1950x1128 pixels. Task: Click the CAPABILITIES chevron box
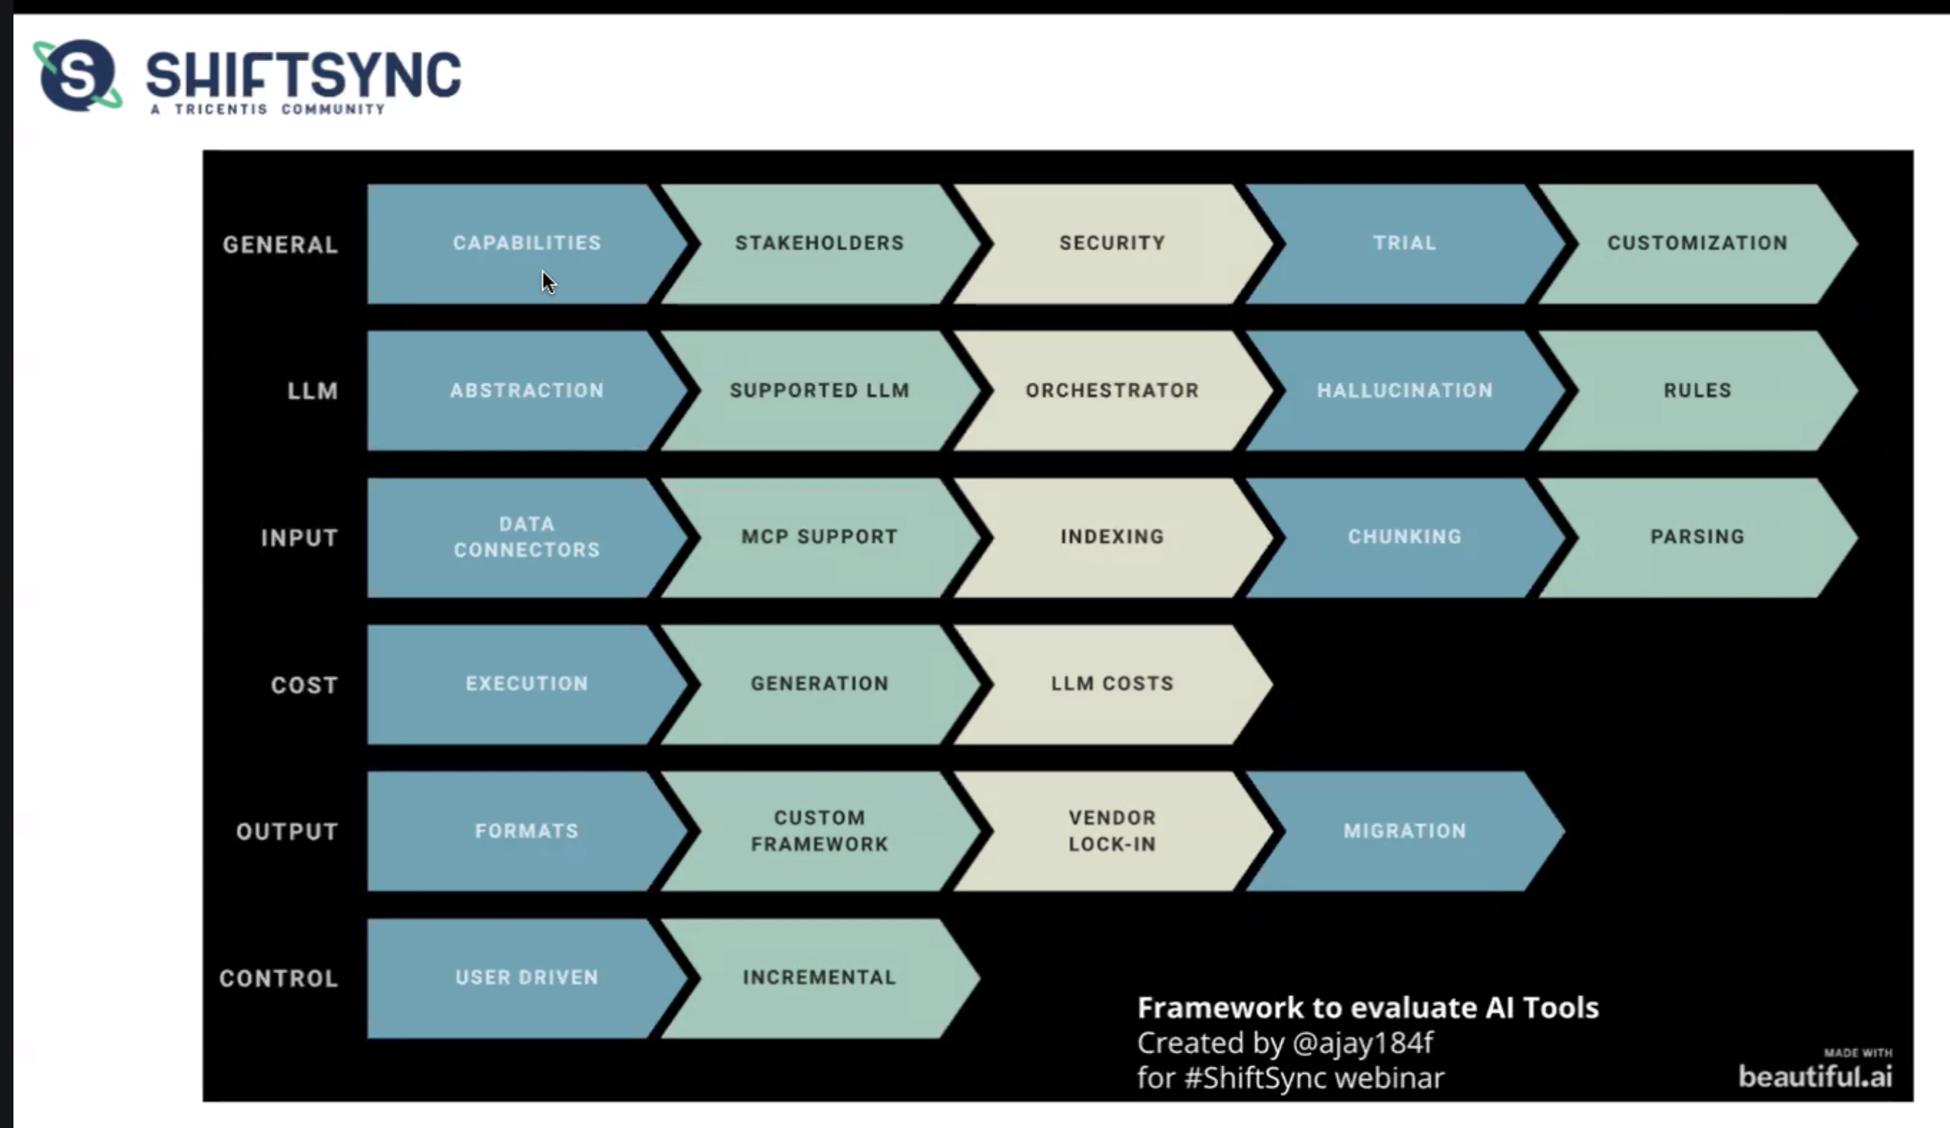[526, 243]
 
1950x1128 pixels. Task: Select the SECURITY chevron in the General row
[1112, 243]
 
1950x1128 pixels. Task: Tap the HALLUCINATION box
[1405, 390]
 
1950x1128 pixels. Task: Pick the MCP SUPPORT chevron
[820, 537]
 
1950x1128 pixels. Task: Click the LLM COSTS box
[1112, 684]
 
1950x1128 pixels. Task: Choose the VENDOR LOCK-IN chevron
[1112, 831]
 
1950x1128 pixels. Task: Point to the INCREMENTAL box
[820, 978]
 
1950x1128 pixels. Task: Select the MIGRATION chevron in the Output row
[1405, 831]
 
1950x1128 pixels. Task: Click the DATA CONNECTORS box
[526, 537]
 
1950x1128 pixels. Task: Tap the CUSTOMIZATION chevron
[1697, 243]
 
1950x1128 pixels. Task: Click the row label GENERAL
[280, 244]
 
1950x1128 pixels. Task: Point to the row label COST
[304, 686]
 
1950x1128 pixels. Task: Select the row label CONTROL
[279, 979]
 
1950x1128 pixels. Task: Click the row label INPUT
[300, 538]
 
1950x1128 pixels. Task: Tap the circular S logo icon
[78, 75]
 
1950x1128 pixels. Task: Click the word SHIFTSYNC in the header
[303, 75]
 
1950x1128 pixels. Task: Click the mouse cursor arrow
[548, 282]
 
